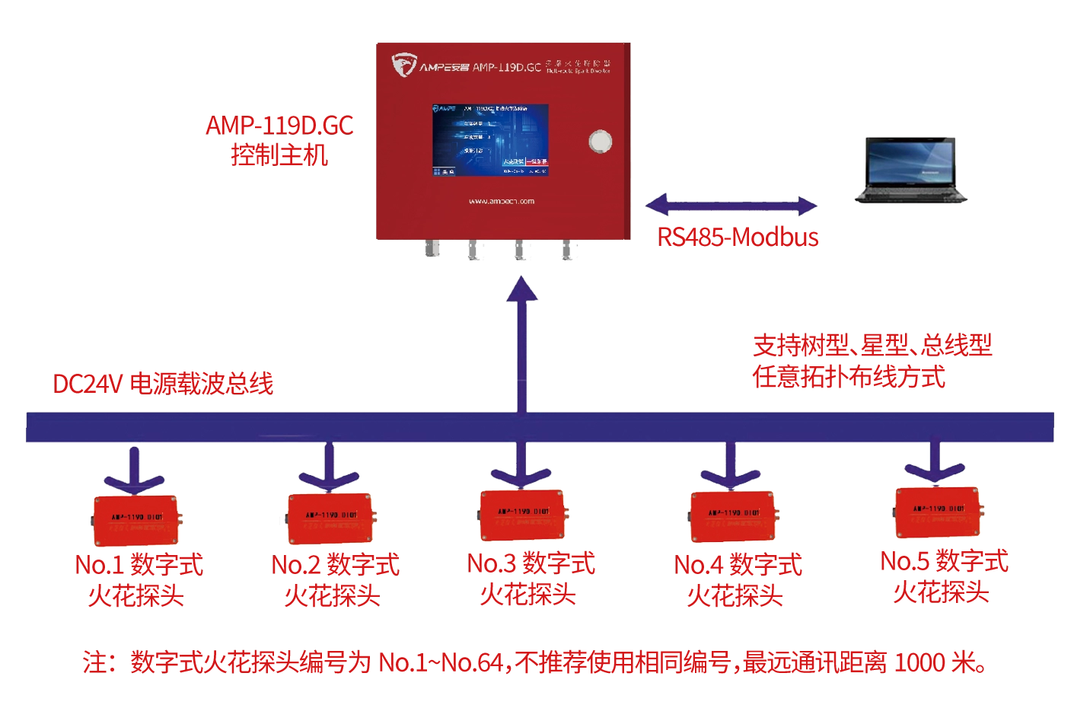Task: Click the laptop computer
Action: tap(910, 170)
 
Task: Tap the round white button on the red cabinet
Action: tap(601, 142)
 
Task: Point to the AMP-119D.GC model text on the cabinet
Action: tap(506, 67)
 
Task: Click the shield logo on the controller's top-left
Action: tap(403, 65)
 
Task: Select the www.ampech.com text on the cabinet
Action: tap(501, 201)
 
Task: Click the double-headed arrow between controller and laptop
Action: tap(731, 206)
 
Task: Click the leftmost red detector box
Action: tap(136, 520)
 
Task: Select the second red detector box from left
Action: tap(330, 518)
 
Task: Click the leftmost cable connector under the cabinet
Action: tap(431, 248)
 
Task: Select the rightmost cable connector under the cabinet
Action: tap(568, 248)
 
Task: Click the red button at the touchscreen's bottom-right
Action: tap(536, 161)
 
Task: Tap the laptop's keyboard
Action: tap(911, 195)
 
